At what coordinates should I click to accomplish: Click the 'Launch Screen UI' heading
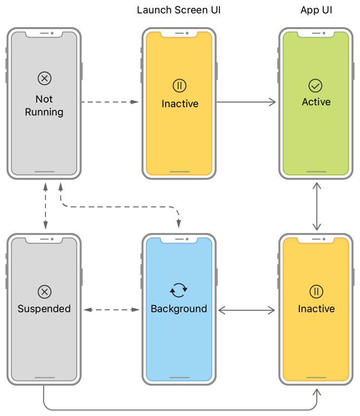click(179, 10)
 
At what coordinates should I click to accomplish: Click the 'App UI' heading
click(316, 10)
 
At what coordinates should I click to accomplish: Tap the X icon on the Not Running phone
click(44, 79)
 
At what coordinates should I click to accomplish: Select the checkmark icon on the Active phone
click(315, 85)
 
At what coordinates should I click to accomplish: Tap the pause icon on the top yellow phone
click(179, 85)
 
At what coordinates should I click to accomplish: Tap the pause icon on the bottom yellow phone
click(316, 291)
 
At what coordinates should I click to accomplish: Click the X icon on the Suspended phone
click(44, 292)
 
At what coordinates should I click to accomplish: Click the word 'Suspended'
click(44, 309)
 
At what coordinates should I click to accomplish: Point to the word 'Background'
click(179, 309)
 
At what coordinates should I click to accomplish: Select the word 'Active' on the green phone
click(316, 102)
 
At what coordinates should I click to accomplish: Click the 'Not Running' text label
click(44, 106)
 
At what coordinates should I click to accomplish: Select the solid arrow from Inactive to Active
click(246, 102)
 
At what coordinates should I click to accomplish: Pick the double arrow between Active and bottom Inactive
click(317, 206)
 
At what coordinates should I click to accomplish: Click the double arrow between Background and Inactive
click(246, 310)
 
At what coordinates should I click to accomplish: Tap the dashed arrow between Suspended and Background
click(111, 310)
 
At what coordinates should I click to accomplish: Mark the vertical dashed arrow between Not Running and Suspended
click(45, 206)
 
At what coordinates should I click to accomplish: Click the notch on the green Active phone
click(316, 34)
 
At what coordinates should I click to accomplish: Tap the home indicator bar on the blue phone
click(179, 378)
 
